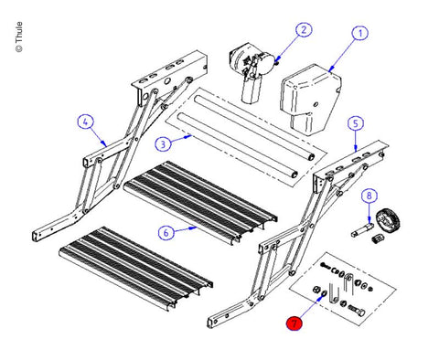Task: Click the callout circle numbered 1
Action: pyautogui.click(x=360, y=34)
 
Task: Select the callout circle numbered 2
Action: pyautogui.click(x=304, y=30)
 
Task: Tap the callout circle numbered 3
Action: pyautogui.click(x=163, y=144)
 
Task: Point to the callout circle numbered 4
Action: pyautogui.click(x=85, y=122)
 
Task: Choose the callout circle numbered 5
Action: pyautogui.click(x=356, y=123)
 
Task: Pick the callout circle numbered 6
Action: pyautogui.click(x=166, y=233)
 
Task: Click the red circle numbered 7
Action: pyautogui.click(x=294, y=323)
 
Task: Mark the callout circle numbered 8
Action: pyautogui.click(x=369, y=196)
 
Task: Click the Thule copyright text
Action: pyautogui.click(x=19, y=37)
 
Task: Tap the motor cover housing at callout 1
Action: pyautogui.click(x=310, y=100)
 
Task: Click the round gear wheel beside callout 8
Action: pyautogui.click(x=387, y=220)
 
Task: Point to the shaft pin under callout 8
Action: pyautogui.click(x=362, y=229)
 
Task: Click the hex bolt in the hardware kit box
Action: pyautogui.click(x=357, y=311)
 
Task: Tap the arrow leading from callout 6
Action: pyautogui.click(x=186, y=228)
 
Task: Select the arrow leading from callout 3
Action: pyautogui.click(x=181, y=139)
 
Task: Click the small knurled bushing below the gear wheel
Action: pyautogui.click(x=379, y=238)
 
